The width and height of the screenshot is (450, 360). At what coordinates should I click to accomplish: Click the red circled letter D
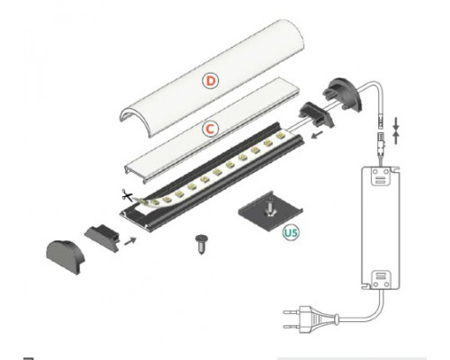pos(210,80)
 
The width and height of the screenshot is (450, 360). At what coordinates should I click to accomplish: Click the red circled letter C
pos(209,130)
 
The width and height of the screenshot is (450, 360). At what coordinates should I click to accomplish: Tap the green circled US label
pos(291,233)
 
